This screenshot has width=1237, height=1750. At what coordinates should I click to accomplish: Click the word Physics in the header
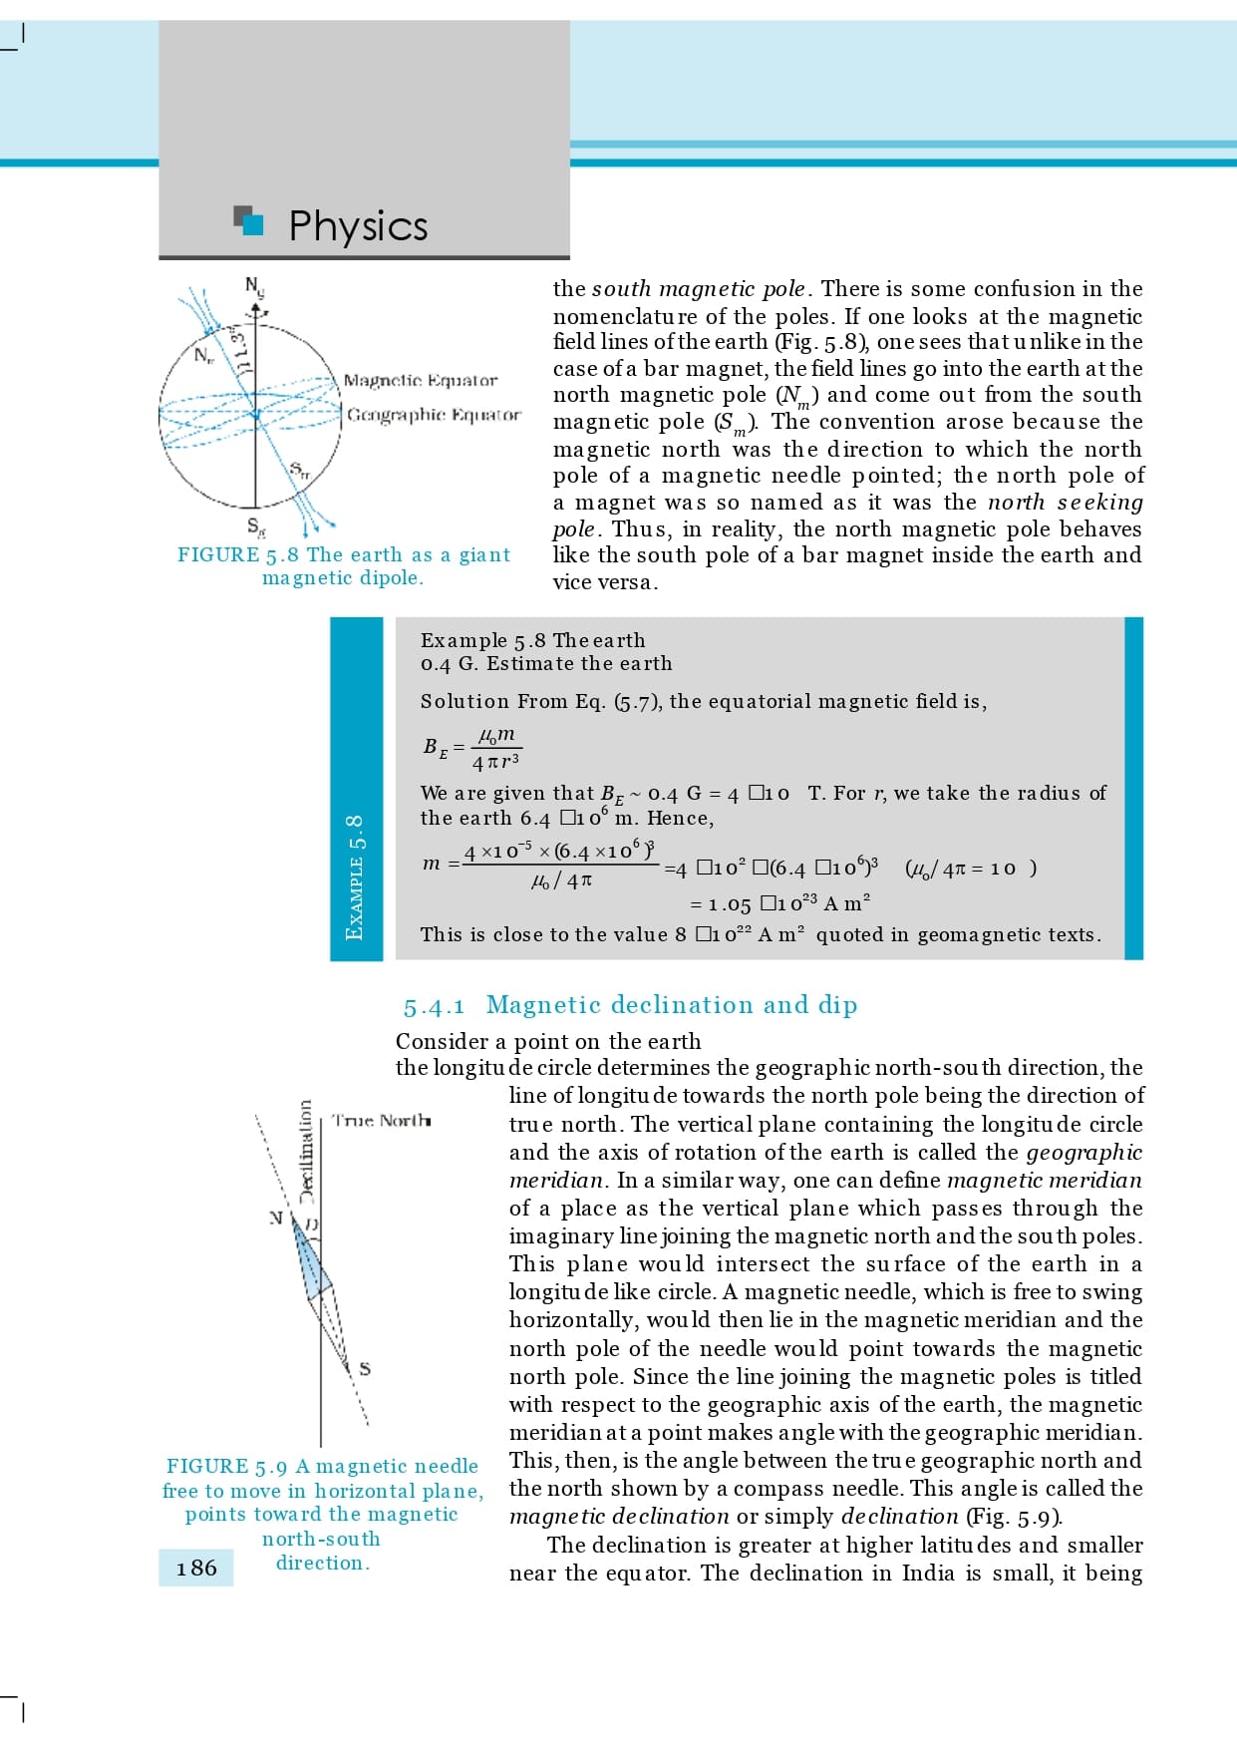(x=358, y=226)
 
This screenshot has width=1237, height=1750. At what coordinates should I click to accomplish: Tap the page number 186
(x=196, y=1569)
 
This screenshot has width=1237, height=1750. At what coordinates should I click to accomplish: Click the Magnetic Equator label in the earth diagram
(x=420, y=381)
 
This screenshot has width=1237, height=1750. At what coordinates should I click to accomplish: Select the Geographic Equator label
(x=434, y=414)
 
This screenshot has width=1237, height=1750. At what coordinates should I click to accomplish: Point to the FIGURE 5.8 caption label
(x=238, y=555)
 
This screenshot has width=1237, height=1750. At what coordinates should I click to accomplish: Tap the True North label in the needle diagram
(x=382, y=1121)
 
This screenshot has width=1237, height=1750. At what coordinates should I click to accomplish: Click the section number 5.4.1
(x=434, y=1006)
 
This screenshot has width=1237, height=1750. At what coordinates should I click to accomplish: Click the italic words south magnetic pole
(x=698, y=289)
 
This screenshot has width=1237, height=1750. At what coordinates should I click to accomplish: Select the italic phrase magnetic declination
(x=619, y=1517)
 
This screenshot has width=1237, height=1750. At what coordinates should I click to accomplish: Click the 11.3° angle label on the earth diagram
(x=238, y=345)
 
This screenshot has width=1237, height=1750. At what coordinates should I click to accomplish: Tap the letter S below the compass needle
(x=365, y=1369)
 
